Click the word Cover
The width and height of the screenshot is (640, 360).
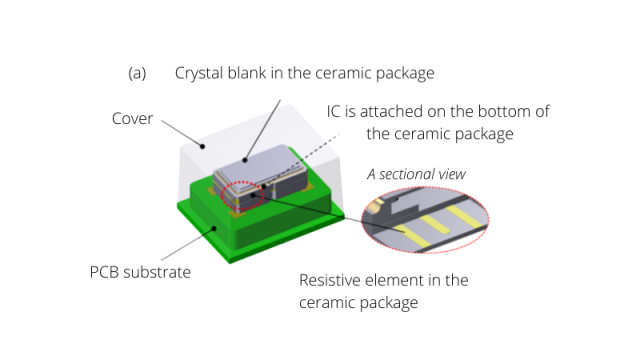tap(132, 119)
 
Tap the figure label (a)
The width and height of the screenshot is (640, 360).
tap(137, 73)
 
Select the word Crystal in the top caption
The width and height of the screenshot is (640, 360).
tap(199, 74)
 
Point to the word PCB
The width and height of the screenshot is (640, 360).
tap(104, 272)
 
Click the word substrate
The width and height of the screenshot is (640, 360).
tap(157, 272)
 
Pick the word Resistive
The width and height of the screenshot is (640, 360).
tap(329, 280)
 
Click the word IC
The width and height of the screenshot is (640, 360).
tap(333, 111)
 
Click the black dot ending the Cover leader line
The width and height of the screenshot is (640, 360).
tap(202, 146)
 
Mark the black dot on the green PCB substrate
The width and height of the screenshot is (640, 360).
tap(214, 229)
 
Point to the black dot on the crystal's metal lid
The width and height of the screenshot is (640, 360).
tap(245, 160)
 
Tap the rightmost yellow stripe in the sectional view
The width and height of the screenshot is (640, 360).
tap(464, 216)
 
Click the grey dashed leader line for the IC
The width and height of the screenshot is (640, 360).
tap(302, 160)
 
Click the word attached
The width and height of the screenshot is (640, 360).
tap(392, 111)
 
